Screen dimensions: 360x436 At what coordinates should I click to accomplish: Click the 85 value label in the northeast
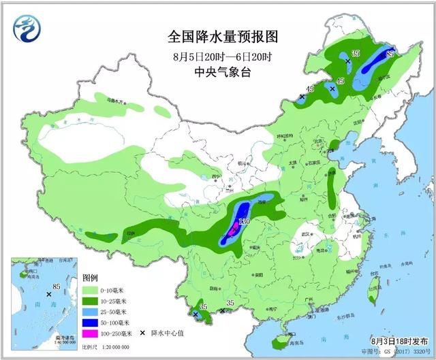coord(390,52)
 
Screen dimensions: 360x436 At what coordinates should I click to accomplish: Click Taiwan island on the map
coord(373,281)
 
